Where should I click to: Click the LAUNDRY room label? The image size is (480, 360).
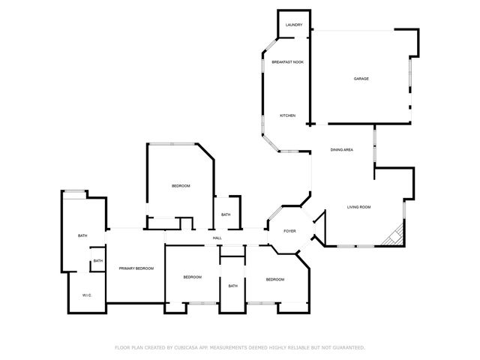pos(294,25)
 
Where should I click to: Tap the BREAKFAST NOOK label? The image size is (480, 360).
pos(287,62)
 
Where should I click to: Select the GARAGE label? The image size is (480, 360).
pos(361,79)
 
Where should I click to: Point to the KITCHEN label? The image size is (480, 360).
pos(287,115)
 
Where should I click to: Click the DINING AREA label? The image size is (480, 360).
pos(342,150)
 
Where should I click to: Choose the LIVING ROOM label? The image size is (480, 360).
pos(358,207)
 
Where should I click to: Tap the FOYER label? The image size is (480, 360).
pos(289,231)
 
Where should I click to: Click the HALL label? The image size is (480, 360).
pos(217,238)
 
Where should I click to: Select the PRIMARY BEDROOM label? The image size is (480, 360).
pos(136,268)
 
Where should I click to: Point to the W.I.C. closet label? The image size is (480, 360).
pos(86,295)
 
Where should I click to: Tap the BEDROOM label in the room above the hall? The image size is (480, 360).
pos(181,186)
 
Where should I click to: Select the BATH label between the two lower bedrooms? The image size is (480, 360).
pos(232,286)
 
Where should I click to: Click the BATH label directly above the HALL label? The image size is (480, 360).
pos(226,215)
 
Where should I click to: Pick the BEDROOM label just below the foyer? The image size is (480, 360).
pos(274,280)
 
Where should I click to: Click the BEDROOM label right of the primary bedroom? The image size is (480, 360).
pos(193,277)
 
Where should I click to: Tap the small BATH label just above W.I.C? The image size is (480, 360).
pos(97,261)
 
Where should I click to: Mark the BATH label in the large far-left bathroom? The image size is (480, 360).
pos(82,236)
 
